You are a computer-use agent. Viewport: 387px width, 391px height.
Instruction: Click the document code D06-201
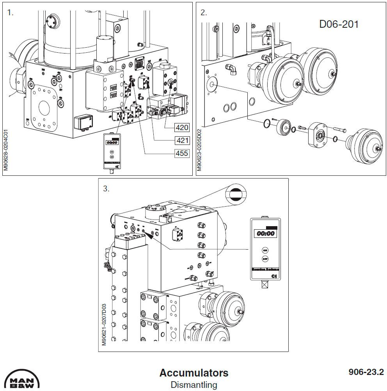[339, 24]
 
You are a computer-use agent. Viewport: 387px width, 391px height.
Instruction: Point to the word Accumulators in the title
[193, 373]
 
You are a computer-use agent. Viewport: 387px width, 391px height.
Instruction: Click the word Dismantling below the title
[193, 385]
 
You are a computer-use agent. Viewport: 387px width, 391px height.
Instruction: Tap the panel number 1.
[11, 12]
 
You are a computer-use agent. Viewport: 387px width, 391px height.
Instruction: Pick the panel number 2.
[204, 12]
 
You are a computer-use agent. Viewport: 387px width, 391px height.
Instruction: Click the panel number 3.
[106, 189]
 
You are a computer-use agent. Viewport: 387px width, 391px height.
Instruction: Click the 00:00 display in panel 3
[265, 234]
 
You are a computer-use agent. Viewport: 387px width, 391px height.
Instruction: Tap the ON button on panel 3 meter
[265, 250]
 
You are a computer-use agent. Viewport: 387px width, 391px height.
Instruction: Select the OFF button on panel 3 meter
[265, 259]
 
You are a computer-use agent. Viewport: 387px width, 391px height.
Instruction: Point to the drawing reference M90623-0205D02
[199, 150]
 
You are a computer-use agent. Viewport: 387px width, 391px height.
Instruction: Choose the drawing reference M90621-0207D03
[104, 325]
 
